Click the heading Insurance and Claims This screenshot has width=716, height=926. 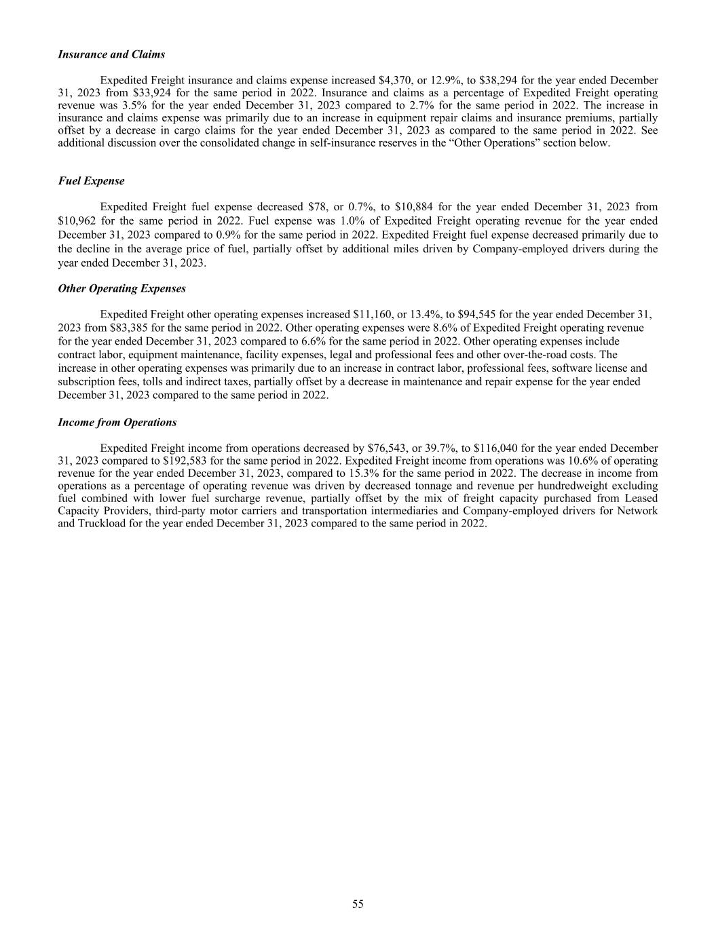(x=111, y=54)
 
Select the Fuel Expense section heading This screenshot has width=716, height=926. (x=91, y=181)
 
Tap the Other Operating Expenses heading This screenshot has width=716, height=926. (x=121, y=288)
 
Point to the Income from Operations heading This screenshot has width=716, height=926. (x=117, y=422)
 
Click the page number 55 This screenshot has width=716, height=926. (x=358, y=904)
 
